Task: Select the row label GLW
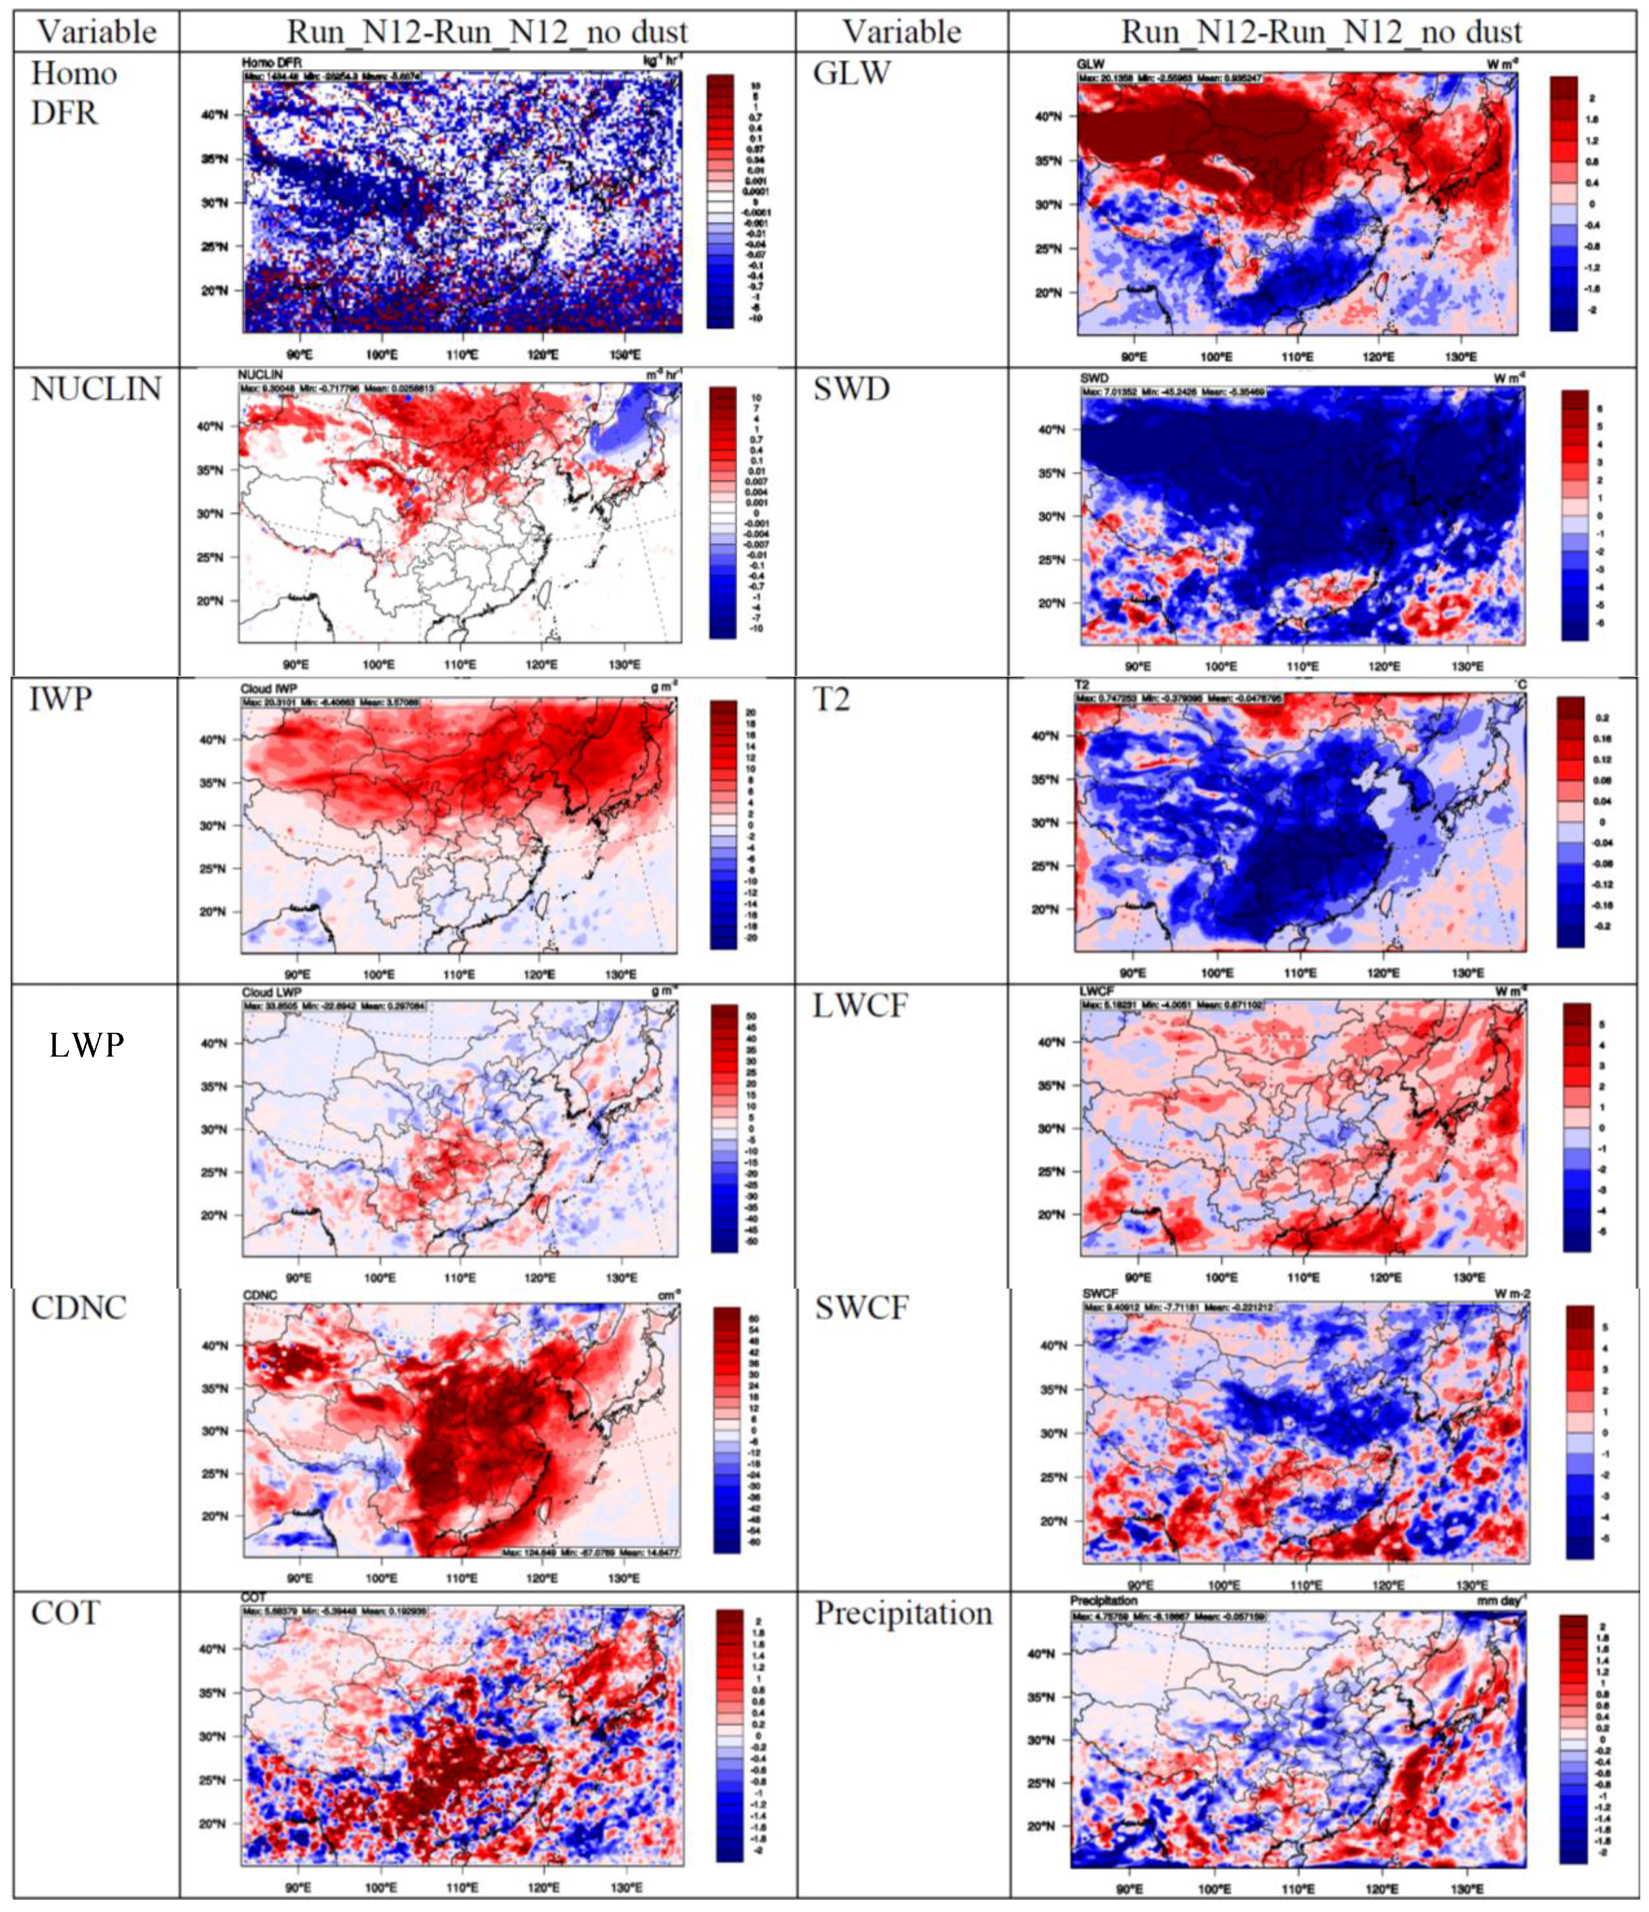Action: pos(851,73)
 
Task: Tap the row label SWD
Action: pos(851,389)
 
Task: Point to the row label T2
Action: pos(830,700)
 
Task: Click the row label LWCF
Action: pos(860,1006)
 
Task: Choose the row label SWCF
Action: pos(861,1307)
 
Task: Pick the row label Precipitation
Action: pos(903,1614)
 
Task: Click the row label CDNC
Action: pos(78,1307)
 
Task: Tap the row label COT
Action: pos(65,1614)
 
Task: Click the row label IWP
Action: pos(61,700)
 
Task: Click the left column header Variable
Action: pos(96,32)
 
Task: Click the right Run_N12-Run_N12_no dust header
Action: pos(1321,32)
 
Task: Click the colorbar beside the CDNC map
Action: pos(726,1430)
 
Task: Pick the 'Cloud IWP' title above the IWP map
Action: pos(269,688)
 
